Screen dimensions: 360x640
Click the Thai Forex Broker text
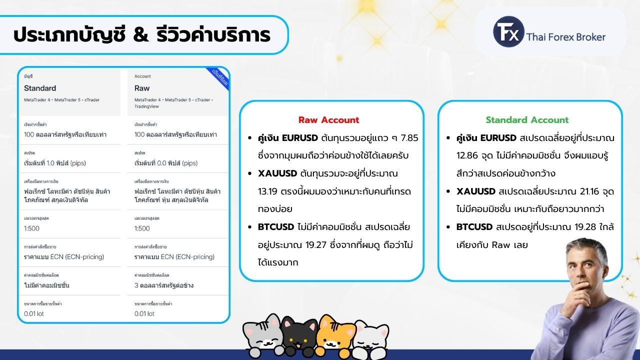pos(565,37)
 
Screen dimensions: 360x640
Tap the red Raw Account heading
pos(328,120)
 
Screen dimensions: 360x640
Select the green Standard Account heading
pos(527,120)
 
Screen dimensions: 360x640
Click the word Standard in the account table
pos(40,88)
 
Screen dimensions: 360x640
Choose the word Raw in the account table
pos(142,88)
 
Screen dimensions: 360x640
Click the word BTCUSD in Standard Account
pos(474,227)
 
